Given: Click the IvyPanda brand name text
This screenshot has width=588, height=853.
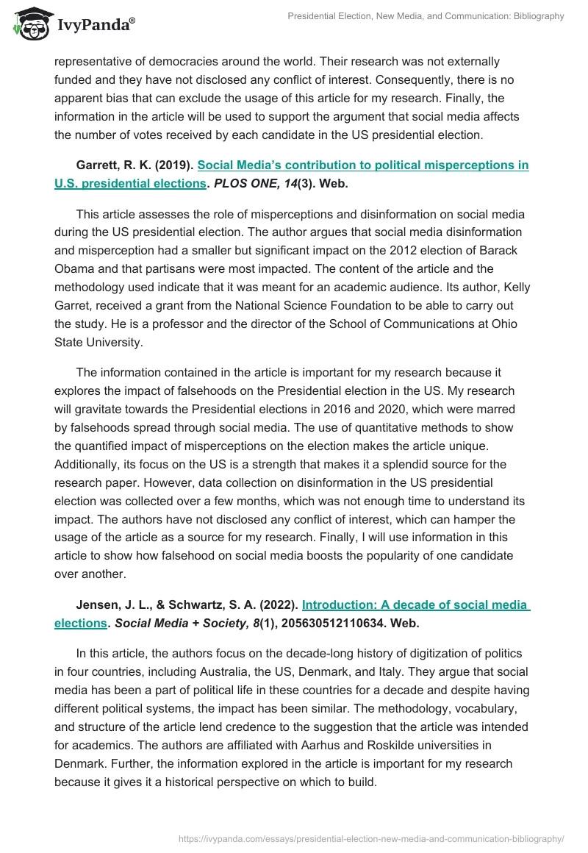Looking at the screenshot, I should (96, 25).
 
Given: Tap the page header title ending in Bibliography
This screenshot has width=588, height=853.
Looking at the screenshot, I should (426, 16).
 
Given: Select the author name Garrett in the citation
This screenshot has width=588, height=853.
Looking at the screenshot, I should (98, 165).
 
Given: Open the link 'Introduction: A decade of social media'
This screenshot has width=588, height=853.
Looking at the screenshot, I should (415, 604).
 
